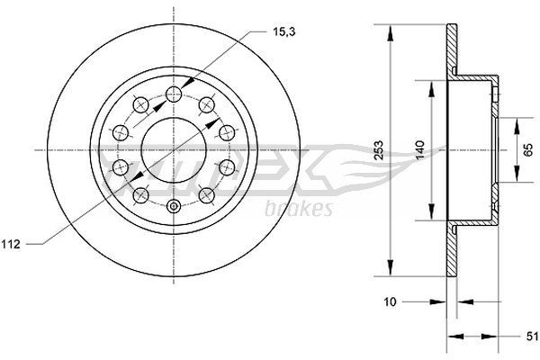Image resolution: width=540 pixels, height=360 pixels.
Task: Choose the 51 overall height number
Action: (x=530, y=337)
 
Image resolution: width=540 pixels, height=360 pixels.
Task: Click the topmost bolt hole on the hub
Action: (x=172, y=93)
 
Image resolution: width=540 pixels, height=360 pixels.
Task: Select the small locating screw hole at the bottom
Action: (x=172, y=207)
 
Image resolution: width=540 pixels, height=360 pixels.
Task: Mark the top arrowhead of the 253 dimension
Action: (x=391, y=32)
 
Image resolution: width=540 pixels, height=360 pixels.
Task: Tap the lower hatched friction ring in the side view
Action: (x=453, y=247)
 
